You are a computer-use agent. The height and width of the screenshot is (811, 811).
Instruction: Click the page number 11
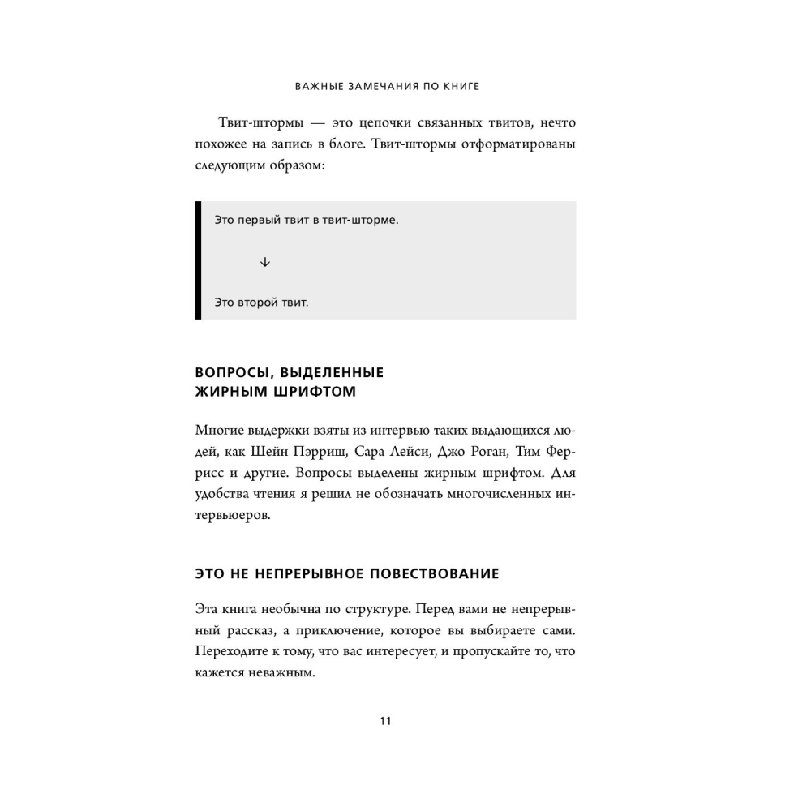(385, 721)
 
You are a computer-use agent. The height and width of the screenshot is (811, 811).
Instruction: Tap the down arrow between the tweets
(265, 262)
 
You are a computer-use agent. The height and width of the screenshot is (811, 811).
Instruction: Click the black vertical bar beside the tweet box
(198, 260)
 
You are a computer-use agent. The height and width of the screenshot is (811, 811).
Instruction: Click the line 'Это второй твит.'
(261, 303)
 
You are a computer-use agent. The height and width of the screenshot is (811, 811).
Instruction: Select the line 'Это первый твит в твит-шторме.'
(307, 220)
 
